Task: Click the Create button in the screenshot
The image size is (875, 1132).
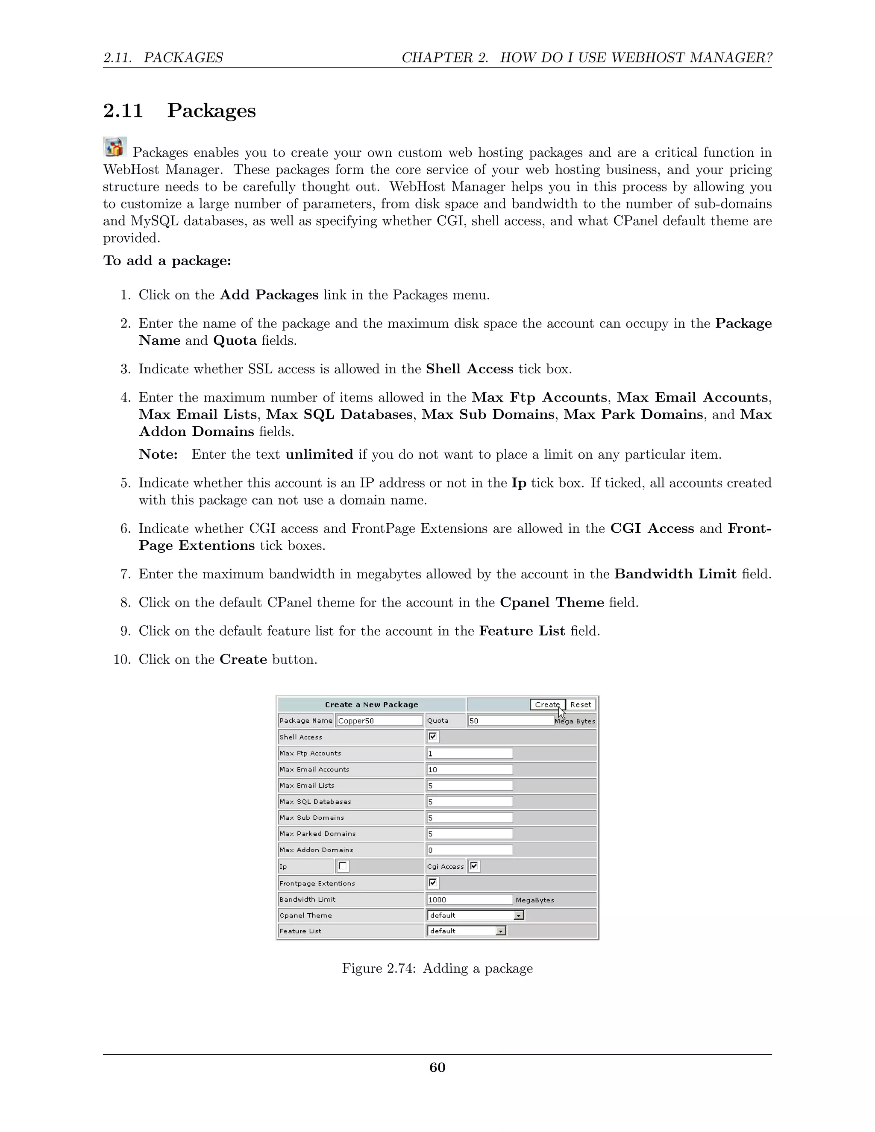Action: pyautogui.click(x=547, y=704)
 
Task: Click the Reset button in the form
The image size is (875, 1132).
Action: pyautogui.click(x=580, y=704)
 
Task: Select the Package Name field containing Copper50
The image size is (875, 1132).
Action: pyautogui.click(x=379, y=721)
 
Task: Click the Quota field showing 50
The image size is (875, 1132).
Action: pyautogui.click(x=510, y=721)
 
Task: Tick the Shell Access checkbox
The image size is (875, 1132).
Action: pyautogui.click(x=433, y=736)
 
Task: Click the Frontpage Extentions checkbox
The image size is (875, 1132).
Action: pyautogui.click(x=433, y=883)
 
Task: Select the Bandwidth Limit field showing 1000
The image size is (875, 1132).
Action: pyautogui.click(x=469, y=899)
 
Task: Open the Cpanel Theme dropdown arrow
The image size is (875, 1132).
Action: pyautogui.click(x=518, y=915)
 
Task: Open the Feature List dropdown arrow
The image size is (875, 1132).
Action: pyautogui.click(x=500, y=931)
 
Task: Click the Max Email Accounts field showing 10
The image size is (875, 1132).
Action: pyautogui.click(x=469, y=769)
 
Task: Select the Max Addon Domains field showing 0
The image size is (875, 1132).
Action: pyautogui.click(x=469, y=850)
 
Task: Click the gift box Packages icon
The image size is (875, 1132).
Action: pyautogui.click(x=115, y=147)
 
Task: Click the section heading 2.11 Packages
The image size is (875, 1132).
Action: pyautogui.click(x=179, y=110)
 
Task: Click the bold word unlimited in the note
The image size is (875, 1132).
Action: pyautogui.click(x=319, y=455)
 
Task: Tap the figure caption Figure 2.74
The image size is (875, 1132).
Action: pyautogui.click(x=437, y=968)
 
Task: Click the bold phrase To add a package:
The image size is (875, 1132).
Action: pyautogui.click(x=167, y=261)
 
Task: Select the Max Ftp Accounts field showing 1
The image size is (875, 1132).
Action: pyautogui.click(x=469, y=753)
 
